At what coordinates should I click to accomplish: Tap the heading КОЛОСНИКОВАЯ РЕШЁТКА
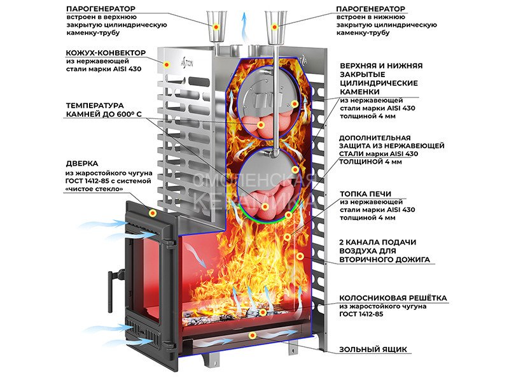393,297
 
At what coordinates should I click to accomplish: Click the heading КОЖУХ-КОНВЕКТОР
106,52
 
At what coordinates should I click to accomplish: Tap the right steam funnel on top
275,19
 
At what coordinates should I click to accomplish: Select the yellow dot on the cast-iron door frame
153,212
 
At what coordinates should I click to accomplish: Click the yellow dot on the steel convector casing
168,64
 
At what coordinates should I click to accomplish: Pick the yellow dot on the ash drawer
252,335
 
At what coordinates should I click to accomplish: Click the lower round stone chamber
265,183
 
